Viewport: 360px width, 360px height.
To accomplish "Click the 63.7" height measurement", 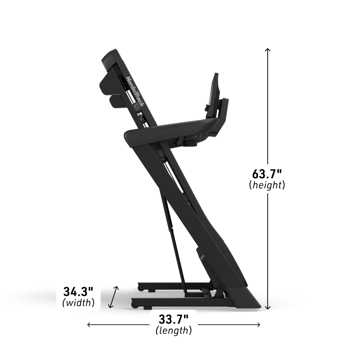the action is (266, 174).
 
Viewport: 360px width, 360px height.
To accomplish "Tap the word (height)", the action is (267, 185).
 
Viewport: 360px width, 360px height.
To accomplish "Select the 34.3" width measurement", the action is (78, 292).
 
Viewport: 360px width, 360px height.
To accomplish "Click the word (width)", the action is (78, 303).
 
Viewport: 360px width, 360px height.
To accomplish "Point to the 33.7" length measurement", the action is (174, 319).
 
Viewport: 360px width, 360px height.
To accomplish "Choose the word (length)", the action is (174, 330).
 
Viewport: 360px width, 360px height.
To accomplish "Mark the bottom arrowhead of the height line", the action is (267, 308).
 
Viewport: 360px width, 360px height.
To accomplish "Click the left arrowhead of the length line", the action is (89, 325).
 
